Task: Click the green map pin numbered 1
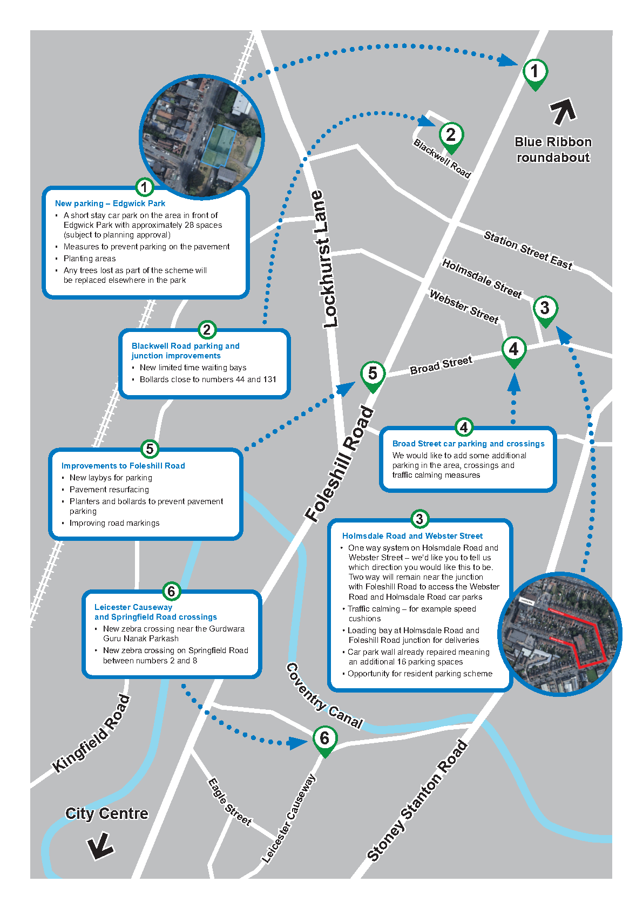coord(534,72)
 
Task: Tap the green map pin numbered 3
coord(545,309)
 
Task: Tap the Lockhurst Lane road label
coord(324,259)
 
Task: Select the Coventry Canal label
coord(324,696)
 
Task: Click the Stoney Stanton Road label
coord(417,802)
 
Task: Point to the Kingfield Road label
coord(92,734)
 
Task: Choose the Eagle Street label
coord(230,802)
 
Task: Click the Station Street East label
coord(527,250)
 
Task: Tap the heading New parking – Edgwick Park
coord(110,203)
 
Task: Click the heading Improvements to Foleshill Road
coord(123,466)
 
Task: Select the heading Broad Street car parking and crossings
coord(468,444)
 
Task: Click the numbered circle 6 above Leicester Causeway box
coord(171,591)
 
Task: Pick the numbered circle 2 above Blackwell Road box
coord(207,330)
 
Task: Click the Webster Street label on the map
coord(464,306)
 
